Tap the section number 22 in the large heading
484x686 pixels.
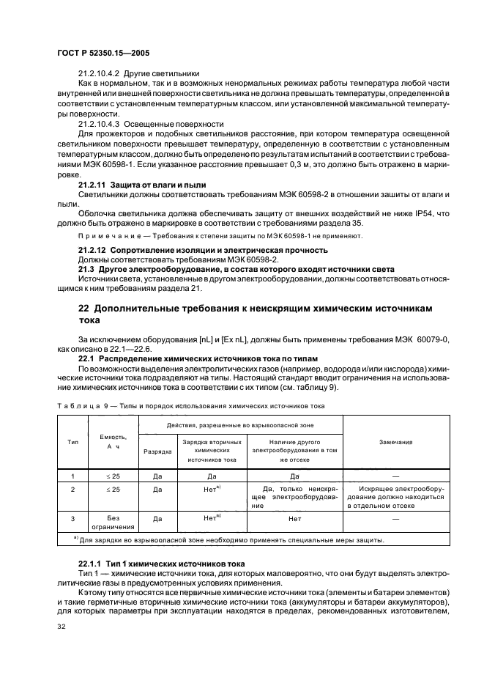pos(65,309)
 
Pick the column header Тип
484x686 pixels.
pos(73,442)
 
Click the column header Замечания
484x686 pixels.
pos(396,442)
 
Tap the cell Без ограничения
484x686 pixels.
pos(112,521)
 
